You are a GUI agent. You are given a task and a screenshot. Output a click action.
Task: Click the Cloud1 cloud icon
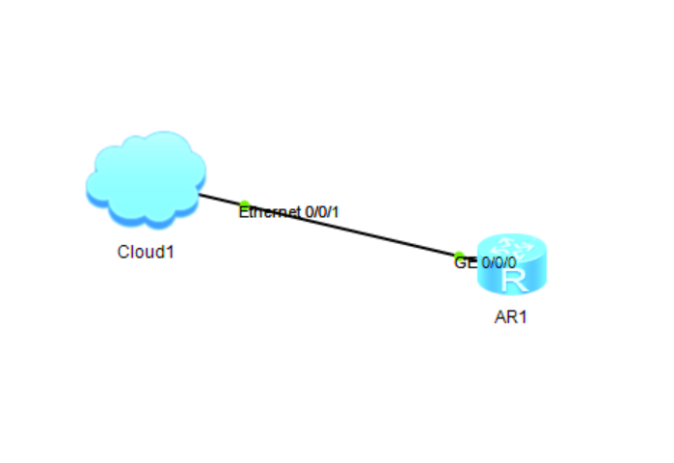point(146,179)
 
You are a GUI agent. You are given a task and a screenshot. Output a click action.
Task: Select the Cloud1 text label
point(146,252)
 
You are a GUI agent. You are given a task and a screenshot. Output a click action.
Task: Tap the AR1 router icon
point(512,264)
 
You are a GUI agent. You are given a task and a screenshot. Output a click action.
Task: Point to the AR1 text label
point(511,317)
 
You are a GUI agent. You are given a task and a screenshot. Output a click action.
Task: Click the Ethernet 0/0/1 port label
point(288,212)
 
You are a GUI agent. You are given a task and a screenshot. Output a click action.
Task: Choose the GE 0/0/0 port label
point(485,262)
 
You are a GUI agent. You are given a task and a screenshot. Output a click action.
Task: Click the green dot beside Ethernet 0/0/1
point(244,204)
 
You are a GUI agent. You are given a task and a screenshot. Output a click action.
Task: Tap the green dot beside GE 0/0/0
point(459,256)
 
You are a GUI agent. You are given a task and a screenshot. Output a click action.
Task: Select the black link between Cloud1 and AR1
point(337,227)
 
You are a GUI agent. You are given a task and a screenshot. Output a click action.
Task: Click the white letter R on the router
point(515,281)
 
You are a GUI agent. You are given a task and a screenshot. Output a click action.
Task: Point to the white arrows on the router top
point(512,248)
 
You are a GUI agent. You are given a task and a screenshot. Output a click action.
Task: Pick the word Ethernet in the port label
point(270,212)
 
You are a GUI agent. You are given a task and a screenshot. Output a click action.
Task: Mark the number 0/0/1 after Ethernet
point(322,212)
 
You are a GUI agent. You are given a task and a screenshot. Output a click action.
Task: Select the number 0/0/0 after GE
point(499,262)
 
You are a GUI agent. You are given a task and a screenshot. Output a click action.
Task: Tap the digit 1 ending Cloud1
point(171,252)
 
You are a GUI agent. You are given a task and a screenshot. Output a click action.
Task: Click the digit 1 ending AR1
point(523,317)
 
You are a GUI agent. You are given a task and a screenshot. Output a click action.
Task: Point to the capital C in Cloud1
point(123,252)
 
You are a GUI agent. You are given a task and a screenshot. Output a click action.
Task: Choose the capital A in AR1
point(500,317)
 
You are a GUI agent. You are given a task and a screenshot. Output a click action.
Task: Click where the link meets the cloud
point(200,194)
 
